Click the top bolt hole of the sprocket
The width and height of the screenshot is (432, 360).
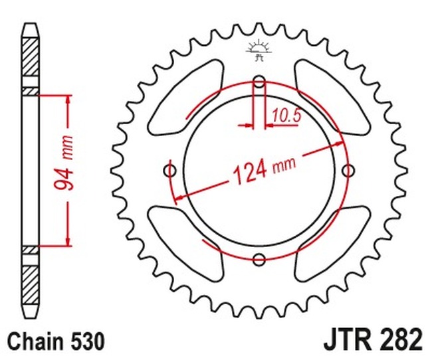click(x=259, y=81)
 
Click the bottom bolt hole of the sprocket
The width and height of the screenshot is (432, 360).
click(x=259, y=259)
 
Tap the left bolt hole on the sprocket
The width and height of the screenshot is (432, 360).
click(x=170, y=171)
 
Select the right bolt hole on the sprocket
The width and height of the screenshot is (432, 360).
click(x=348, y=171)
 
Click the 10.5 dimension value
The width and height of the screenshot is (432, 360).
click(x=286, y=116)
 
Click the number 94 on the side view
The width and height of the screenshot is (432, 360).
click(x=64, y=179)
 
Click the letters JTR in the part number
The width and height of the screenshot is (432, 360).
click(x=346, y=339)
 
